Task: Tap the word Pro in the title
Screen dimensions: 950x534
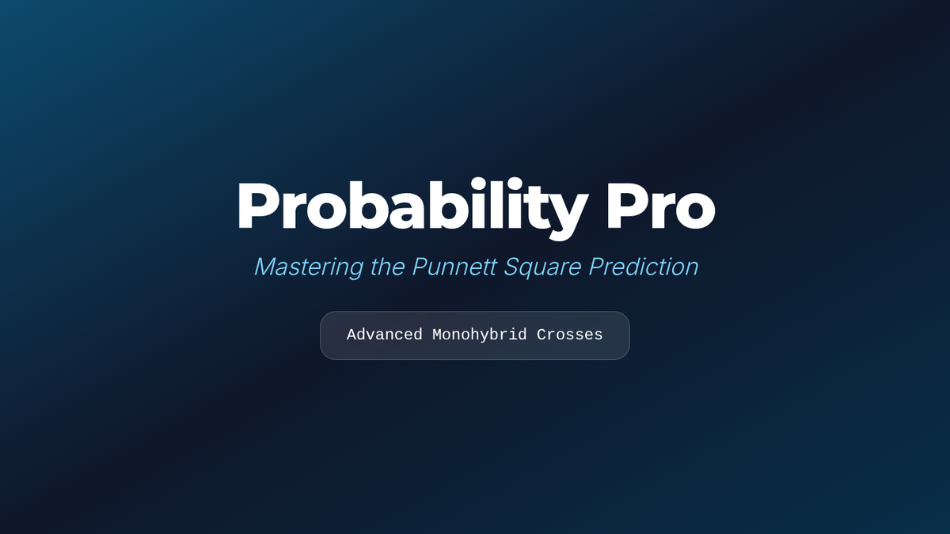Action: pos(661,206)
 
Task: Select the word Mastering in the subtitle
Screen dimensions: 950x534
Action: pos(309,267)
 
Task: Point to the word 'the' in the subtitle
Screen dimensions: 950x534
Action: pos(388,267)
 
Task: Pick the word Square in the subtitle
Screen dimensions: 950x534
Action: pos(542,268)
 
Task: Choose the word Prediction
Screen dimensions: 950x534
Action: pos(644,267)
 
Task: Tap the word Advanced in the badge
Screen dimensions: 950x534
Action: pos(385,335)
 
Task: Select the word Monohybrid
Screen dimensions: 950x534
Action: pos(480,335)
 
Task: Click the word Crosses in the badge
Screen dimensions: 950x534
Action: pos(569,335)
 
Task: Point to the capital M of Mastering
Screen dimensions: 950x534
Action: pos(267,267)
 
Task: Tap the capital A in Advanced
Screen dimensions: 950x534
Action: pos(351,335)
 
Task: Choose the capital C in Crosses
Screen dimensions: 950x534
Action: pos(541,335)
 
